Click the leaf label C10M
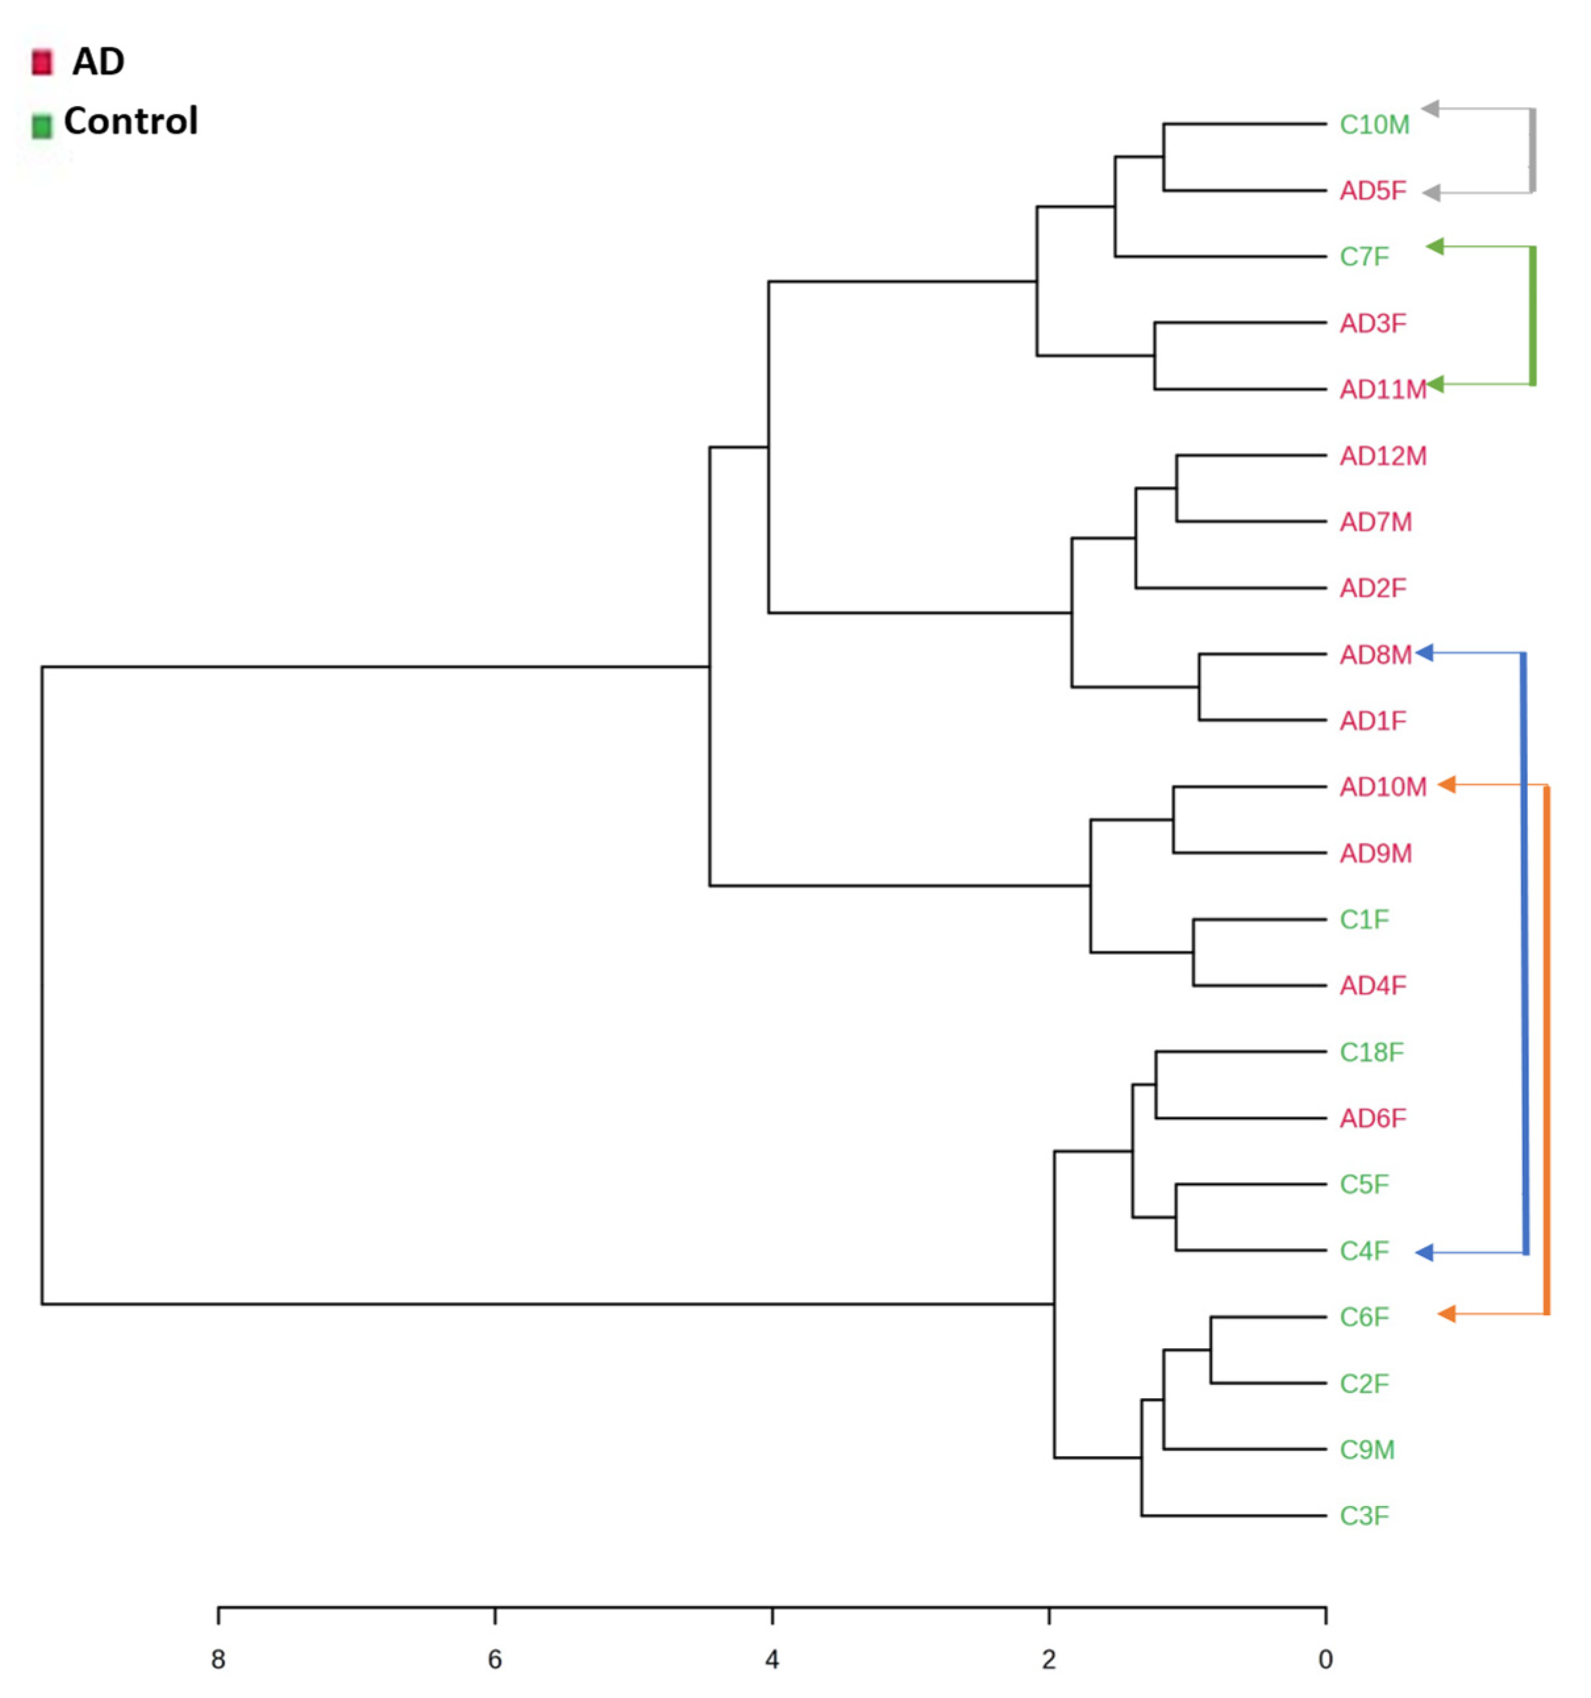tap(1373, 125)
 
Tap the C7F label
tap(1364, 256)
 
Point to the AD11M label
tap(1382, 389)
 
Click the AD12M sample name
tap(1382, 456)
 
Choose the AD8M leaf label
tap(1375, 655)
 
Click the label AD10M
tap(1382, 787)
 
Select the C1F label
tap(1364, 919)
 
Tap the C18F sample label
tap(1371, 1052)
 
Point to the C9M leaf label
tap(1366, 1449)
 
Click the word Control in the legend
tap(131, 121)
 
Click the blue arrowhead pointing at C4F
tap(1423, 1253)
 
